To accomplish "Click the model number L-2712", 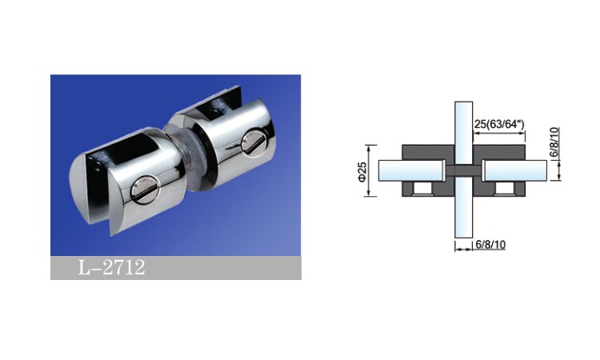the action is tap(111, 267).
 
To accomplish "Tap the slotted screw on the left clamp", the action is tap(143, 189).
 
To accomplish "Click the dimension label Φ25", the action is tap(362, 171).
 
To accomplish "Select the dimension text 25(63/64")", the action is tap(499, 124).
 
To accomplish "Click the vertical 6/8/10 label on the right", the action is tap(554, 142).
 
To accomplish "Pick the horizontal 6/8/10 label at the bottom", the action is tap(490, 245).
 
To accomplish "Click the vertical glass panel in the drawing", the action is tap(463, 170).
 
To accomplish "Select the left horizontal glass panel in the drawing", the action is tap(411, 170).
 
